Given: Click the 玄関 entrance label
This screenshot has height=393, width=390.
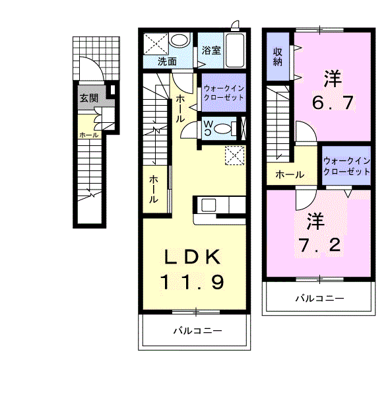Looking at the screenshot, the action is point(89,98).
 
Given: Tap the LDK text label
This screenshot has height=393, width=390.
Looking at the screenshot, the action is point(193,257).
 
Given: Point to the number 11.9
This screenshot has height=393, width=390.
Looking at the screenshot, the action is point(192,282).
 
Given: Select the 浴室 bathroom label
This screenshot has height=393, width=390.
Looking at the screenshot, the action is point(211,50).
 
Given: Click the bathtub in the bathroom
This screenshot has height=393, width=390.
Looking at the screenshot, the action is point(235,50).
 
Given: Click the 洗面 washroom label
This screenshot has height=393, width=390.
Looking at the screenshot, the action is point(167,61).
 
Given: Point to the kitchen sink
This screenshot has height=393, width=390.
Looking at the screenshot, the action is point(209,205).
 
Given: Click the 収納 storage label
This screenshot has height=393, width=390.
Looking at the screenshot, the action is point(278,57).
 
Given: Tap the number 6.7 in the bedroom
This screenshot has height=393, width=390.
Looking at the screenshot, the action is point(333,102).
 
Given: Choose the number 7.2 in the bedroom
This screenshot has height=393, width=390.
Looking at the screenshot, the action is point(319,245).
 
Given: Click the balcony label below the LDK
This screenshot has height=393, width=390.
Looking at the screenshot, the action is point(197,331).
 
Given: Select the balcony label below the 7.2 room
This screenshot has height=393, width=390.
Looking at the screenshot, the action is point(319,299).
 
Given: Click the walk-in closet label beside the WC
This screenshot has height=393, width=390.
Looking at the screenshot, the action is point(224,92).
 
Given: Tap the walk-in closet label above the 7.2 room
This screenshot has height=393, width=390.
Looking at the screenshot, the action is point(346,166).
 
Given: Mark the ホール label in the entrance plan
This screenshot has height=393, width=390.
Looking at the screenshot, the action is point(88,135).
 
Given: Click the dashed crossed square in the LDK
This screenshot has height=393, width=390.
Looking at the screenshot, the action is point(235,155).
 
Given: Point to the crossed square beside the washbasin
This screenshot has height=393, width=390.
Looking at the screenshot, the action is point(156,44).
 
